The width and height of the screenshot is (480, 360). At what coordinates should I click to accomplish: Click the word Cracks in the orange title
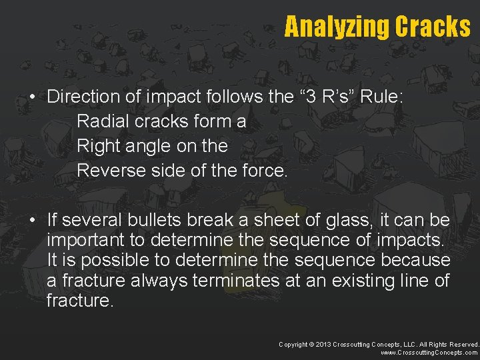pos(433,27)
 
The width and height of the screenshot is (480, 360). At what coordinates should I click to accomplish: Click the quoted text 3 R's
pos(325,97)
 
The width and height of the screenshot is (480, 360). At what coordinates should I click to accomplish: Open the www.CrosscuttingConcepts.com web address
pos(429,353)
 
